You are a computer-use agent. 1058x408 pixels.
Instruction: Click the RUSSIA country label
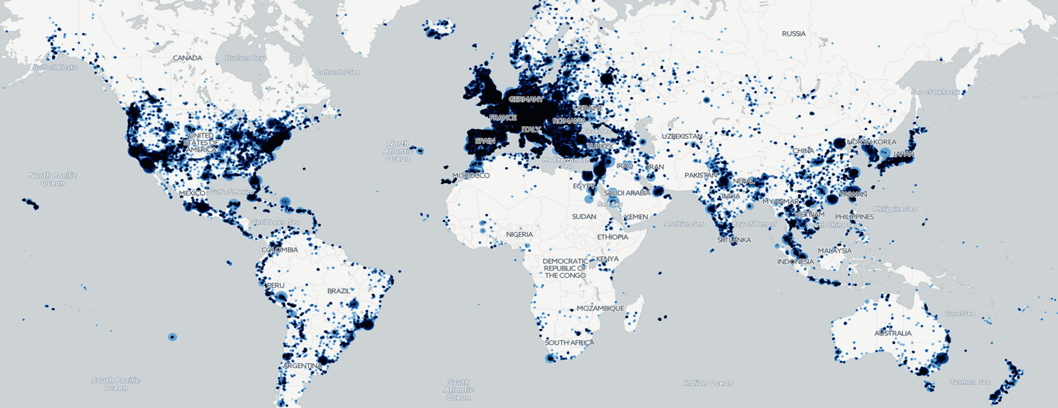coord(793,34)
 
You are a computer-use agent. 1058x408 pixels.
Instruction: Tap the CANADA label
coord(187,58)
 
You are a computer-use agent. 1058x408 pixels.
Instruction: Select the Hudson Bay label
coord(245,58)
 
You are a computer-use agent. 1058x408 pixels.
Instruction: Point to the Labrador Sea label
coord(338,72)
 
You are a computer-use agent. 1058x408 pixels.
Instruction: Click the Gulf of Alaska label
coord(56,67)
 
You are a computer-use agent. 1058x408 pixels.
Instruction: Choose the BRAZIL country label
coord(338,291)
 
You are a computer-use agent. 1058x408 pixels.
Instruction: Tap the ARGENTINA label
coord(302,366)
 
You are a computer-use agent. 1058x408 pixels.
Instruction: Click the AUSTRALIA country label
coord(893,334)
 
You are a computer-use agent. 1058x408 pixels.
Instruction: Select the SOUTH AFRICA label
coord(569,343)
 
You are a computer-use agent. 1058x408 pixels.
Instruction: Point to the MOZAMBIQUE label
coord(600,309)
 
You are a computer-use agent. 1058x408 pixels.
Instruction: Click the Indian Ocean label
coord(708,383)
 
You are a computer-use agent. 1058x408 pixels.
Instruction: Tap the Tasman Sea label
coord(970,382)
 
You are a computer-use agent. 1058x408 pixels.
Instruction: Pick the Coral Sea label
coord(960,314)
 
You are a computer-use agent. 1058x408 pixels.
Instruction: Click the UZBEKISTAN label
coord(682,137)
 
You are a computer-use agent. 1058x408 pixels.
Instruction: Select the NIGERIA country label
coord(519,235)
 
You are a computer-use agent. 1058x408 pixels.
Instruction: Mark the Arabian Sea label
coord(684,224)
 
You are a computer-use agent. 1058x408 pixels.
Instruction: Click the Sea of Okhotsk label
coord(935,92)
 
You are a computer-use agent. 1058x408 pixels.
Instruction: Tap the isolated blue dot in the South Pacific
coord(172,337)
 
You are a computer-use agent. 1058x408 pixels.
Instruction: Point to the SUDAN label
coord(584,217)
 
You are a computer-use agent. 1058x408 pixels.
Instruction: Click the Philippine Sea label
coord(895,209)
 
